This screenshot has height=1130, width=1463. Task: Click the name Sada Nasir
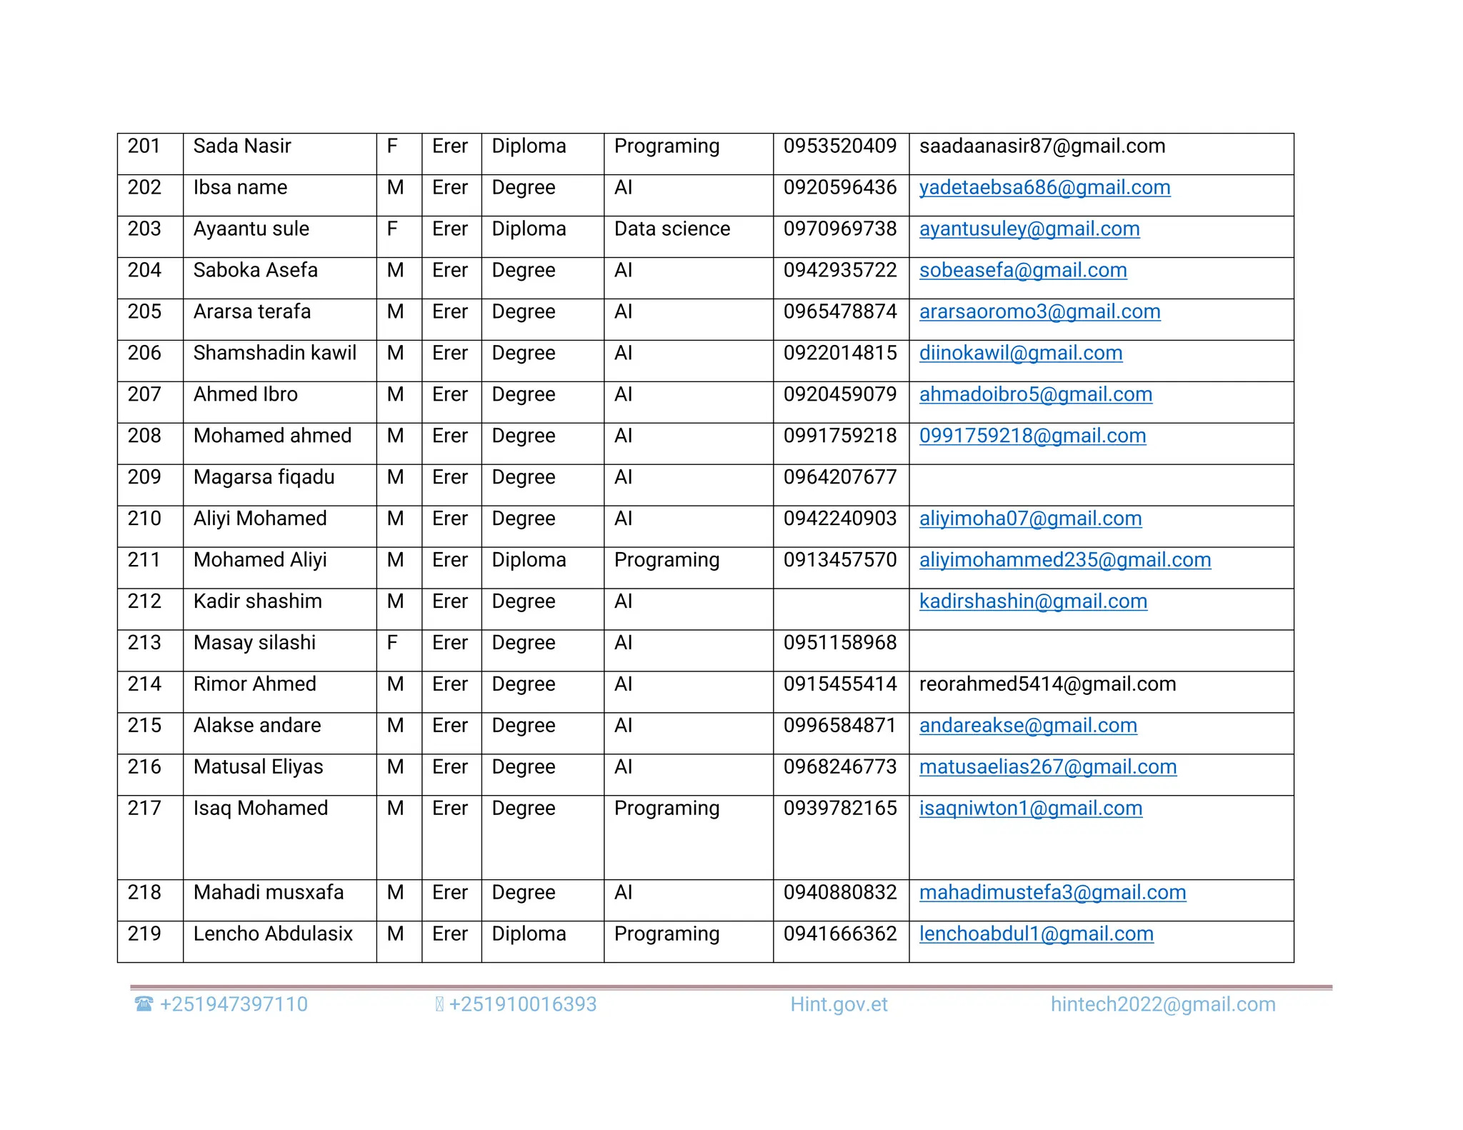pyautogui.click(x=242, y=146)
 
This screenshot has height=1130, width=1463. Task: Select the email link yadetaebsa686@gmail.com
pyautogui.click(x=1044, y=188)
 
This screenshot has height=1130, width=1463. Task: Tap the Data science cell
pyautogui.click(x=671, y=229)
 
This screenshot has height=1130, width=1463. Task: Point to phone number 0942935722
pyautogui.click(x=839, y=271)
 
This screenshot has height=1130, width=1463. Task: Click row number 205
pyautogui.click(x=144, y=312)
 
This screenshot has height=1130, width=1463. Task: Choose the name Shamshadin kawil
pyautogui.click(x=274, y=354)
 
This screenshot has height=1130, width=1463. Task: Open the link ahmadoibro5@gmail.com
pyautogui.click(x=1035, y=395)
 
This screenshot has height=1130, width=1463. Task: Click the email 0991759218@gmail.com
pyautogui.click(x=1032, y=436)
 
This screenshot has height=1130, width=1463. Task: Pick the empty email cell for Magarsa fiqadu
pyautogui.click(x=1100, y=485)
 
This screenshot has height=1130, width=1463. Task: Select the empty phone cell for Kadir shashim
pyautogui.click(x=840, y=609)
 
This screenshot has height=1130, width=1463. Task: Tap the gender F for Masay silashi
pyautogui.click(x=392, y=643)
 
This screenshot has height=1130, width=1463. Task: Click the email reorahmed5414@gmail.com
pyautogui.click(x=1047, y=684)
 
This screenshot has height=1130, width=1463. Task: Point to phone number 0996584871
pyautogui.click(x=839, y=726)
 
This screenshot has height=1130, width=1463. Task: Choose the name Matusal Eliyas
pyautogui.click(x=258, y=767)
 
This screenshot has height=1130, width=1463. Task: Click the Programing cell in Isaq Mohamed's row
pyautogui.click(x=666, y=809)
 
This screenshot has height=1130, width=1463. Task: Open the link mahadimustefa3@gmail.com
pyautogui.click(x=1052, y=893)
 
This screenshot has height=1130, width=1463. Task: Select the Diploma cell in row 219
pyautogui.click(x=529, y=934)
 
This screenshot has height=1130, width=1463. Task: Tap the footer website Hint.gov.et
pyautogui.click(x=839, y=1005)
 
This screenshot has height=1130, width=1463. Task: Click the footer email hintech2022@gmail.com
pyautogui.click(x=1162, y=1005)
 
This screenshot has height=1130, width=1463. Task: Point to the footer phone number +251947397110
pyautogui.click(x=234, y=1005)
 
